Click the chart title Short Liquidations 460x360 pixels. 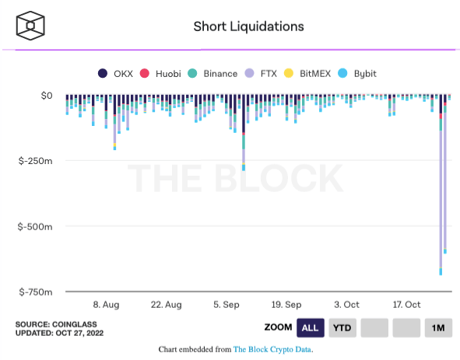click(x=248, y=26)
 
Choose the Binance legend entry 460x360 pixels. click(x=213, y=74)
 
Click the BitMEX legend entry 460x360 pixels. click(x=308, y=74)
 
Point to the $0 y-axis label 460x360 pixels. click(x=46, y=96)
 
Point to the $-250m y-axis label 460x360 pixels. click(x=35, y=161)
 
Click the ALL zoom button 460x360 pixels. click(x=310, y=327)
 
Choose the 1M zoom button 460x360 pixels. click(x=438, y=327)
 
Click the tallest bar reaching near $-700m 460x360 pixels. click(x=441, y=194)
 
